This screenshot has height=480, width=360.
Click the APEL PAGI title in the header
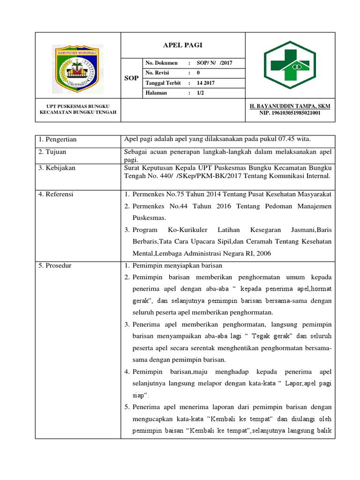(x=182, y=45)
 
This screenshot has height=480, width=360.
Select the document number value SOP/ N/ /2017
(x=212, y=63)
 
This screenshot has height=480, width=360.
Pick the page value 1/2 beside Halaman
(x=200, y=93)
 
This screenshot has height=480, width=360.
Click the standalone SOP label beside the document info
(x=131, y=78)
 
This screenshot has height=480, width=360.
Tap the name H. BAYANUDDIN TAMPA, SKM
(x=290, y=106)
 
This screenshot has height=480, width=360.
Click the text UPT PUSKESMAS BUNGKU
(x=78, y=106)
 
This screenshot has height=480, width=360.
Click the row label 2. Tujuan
(x=52, y=152)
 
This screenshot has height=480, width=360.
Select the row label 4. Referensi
(x=56, y=194)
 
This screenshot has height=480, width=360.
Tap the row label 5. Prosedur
(x=55, y=266)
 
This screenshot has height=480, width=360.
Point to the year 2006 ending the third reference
(x=263, y=254)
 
